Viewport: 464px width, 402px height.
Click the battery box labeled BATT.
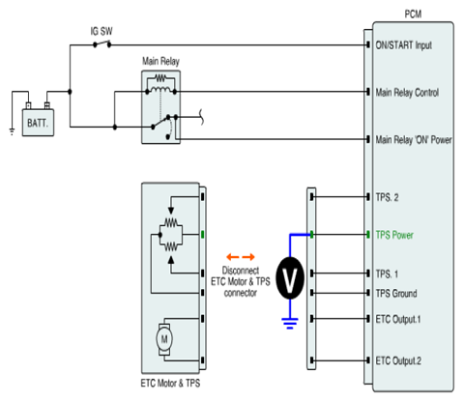(x=38, y=123)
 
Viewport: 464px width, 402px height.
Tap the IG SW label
(x=101, y=31)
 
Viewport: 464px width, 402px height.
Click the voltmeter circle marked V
(x=290, y=278)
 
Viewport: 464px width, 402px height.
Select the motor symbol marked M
(x=164, y=339)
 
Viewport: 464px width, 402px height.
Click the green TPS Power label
(x=394, y=235)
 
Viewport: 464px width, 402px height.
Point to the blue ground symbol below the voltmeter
(x=290, y=323)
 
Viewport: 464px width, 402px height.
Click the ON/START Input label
(x=404, y=45)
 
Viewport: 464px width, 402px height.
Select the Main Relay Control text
(x=407, y=93)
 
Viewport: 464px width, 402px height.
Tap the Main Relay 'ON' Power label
(x=414, y=140)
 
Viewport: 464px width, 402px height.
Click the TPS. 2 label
(x=387, y=197)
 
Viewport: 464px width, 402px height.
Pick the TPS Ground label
(x=396, y=294)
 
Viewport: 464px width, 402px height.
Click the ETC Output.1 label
(x=398, y=319)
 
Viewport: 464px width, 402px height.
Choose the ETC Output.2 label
(x=398, y=360)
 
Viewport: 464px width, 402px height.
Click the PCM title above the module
(x=413, y=14)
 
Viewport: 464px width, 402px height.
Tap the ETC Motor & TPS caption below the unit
(x=170, y=383)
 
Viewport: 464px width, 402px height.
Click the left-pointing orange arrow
(x=233, y=257)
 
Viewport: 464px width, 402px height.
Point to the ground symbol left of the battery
(x=12, y=131)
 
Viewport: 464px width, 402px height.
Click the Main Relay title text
(x=160, y=61)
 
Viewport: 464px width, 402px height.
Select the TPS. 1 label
(x=387, y=274)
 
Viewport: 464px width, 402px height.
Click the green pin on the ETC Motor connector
(x=203, y=234)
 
